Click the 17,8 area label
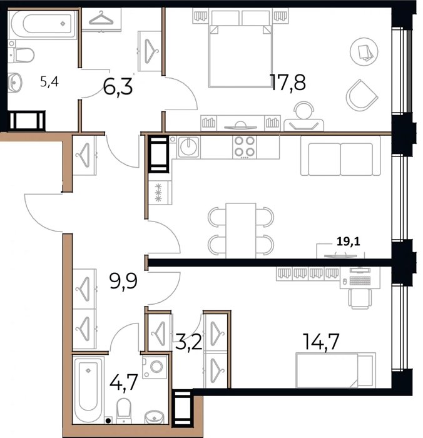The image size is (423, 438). point(288,83)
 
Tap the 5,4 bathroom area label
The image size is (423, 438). point(49,82)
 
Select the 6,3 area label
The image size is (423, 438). point(118,87)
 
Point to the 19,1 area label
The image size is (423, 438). point(349,242)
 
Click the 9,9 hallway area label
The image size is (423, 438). point(123,281)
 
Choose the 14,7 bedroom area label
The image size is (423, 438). point(321,342)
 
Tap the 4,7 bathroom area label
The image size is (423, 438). point(124,382)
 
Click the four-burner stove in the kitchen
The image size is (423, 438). point(245,147)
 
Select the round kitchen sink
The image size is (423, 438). point(188,146)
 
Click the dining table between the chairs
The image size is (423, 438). point(240,231)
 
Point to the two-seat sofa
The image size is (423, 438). point(340,156)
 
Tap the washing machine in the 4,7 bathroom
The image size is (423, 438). point(155,367)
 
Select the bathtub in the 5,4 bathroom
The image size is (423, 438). point(42,24)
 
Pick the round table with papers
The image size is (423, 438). point(364,52)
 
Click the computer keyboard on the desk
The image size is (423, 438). point(360,280)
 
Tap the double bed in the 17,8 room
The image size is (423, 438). point(240,49)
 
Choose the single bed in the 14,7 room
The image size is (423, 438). point(335,370)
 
